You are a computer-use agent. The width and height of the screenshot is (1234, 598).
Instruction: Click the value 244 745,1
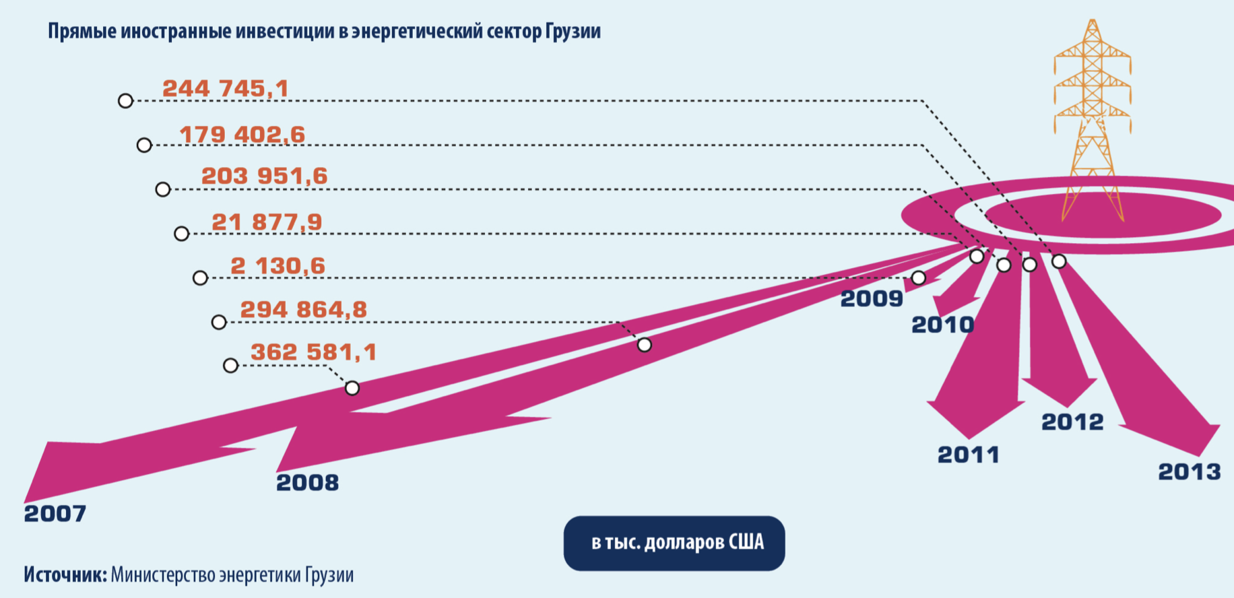pos(225,88)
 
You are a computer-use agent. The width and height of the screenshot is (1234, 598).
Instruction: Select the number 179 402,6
pos(242,135)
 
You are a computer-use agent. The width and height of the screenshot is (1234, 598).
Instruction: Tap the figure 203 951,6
pos(264,176)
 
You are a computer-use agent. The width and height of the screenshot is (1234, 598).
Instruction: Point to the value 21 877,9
pos(267,222)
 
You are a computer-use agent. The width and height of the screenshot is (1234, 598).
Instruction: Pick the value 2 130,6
pos(278,266)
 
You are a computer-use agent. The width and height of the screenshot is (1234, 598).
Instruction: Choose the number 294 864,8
pos(303,310)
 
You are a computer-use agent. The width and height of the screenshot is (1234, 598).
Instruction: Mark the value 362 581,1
pos(313,352)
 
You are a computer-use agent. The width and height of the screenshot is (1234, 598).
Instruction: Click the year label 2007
pos(55,514)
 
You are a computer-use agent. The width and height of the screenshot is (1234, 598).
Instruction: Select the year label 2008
pos(307,483)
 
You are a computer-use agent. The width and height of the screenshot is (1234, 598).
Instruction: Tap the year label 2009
pos(871,298)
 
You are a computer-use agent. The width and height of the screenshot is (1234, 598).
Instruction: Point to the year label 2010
pos(942,325)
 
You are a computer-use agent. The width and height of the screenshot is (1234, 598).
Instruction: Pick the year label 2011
pos(968,455)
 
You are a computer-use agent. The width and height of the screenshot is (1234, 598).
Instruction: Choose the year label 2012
pos(1072,422)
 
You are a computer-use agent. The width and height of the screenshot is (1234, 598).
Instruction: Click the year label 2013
pos(1189,472)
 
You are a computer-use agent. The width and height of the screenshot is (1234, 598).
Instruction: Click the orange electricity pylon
pos(1092,114)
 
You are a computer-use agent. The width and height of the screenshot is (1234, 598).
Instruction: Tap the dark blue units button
pos(674,543)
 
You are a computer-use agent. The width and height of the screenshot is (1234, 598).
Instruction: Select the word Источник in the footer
pos(65,575)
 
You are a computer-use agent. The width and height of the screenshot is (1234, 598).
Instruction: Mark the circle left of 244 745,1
pos(125,101)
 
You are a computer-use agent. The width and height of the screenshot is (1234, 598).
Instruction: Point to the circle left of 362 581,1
pos(230,366)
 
